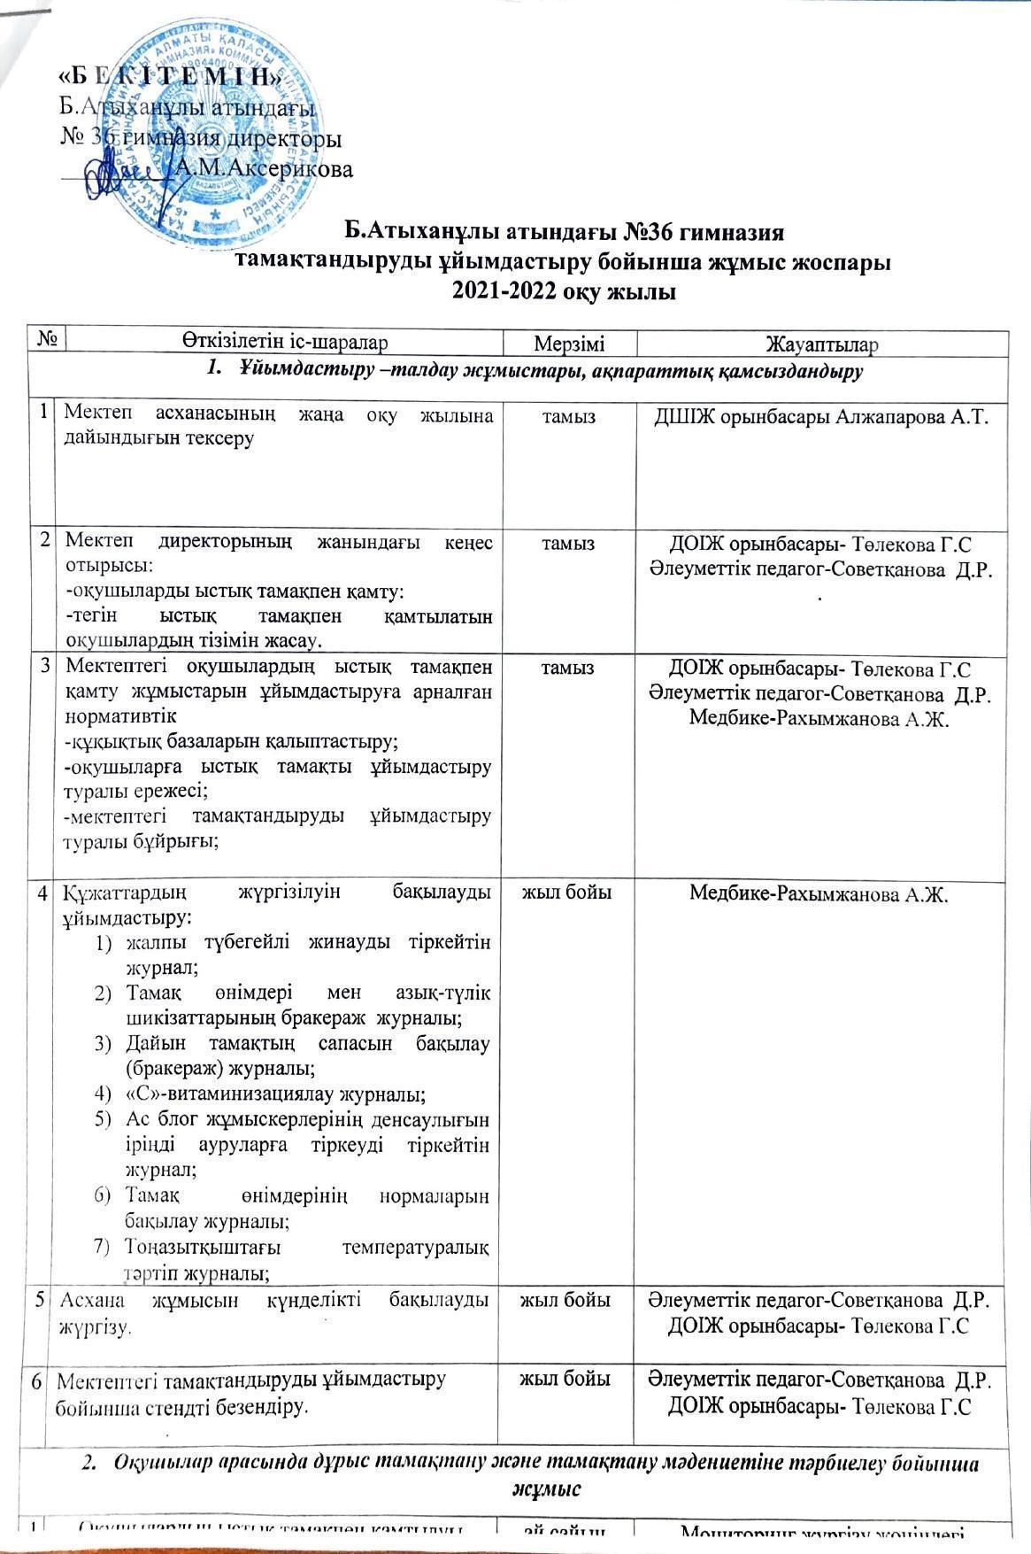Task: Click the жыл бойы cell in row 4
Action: [x=567, y=893]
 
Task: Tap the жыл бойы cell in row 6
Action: [x=567, y=1379]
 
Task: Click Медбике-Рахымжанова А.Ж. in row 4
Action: [x=819, y=895]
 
